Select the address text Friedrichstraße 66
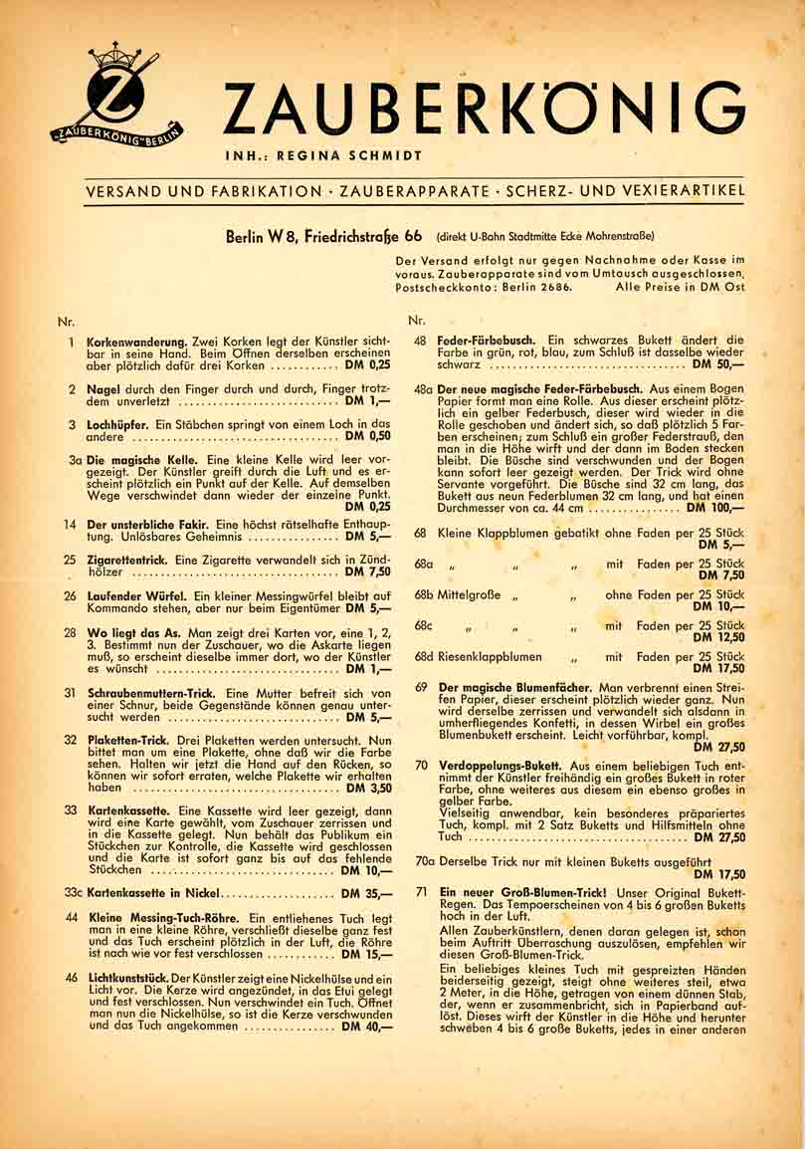pos(366,236)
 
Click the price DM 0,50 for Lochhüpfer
pos(368,435)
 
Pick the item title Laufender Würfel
pos(134,595)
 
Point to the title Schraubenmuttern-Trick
pos(152,692)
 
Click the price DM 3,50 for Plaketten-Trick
pos(368,787)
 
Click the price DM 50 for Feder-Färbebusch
pos(718,364)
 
